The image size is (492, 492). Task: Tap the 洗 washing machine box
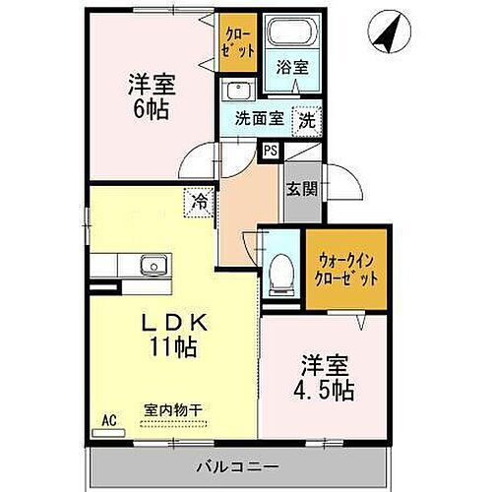pos(307,119)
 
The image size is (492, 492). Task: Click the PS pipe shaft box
pos(269,150)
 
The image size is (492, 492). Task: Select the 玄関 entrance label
pos(300,188)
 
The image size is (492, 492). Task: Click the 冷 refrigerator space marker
pos(200,202)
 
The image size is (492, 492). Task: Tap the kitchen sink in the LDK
pos(153,266)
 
